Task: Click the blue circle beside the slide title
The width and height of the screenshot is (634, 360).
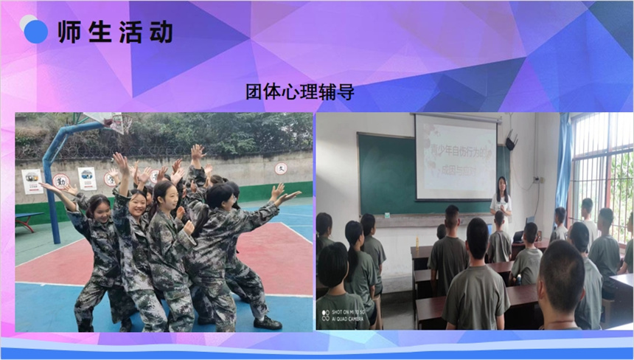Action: (35, 32)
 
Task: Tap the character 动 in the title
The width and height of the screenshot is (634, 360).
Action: (161, 32)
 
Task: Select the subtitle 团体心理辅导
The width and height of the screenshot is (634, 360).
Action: (300, 91)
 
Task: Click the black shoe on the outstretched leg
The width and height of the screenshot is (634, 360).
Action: (268, 323)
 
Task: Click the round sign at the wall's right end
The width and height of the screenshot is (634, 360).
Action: (281, 168)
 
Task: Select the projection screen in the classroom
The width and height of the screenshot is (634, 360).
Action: (456, 156)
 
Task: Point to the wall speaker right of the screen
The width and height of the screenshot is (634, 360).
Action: (511, 139)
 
